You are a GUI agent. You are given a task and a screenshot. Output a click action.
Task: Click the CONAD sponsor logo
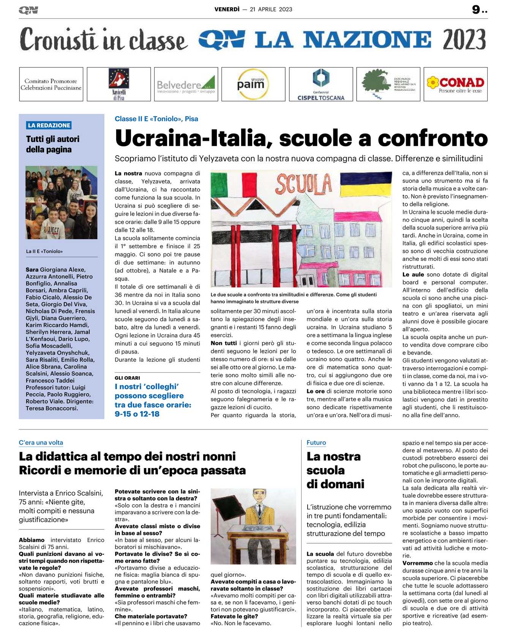click(455, 84)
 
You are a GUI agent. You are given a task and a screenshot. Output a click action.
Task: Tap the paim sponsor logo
click(251, 84)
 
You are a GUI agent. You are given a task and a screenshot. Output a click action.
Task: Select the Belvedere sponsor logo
click(186, 85)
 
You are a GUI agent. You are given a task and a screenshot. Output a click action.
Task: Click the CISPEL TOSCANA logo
click(321, 84)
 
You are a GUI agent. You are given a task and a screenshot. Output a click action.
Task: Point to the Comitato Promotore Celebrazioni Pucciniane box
click(51, 84)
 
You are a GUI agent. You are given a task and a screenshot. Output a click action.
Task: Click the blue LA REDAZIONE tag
click(49, 125)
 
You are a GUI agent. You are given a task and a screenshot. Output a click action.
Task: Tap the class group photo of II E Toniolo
click(61, 202)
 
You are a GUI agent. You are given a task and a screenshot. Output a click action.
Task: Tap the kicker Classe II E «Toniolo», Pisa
click(156, 119)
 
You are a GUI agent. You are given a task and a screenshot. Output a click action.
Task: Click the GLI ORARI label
click(127, 378)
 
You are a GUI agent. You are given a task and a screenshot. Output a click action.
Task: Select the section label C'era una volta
click(41, 443)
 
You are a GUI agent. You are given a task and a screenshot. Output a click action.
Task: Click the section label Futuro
click(316, 443)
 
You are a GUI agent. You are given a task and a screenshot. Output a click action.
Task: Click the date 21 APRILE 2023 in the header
click(271, 9)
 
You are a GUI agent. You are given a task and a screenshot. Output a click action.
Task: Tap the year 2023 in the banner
click(464, 39)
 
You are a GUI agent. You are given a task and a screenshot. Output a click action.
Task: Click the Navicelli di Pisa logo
click(118, 84)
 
